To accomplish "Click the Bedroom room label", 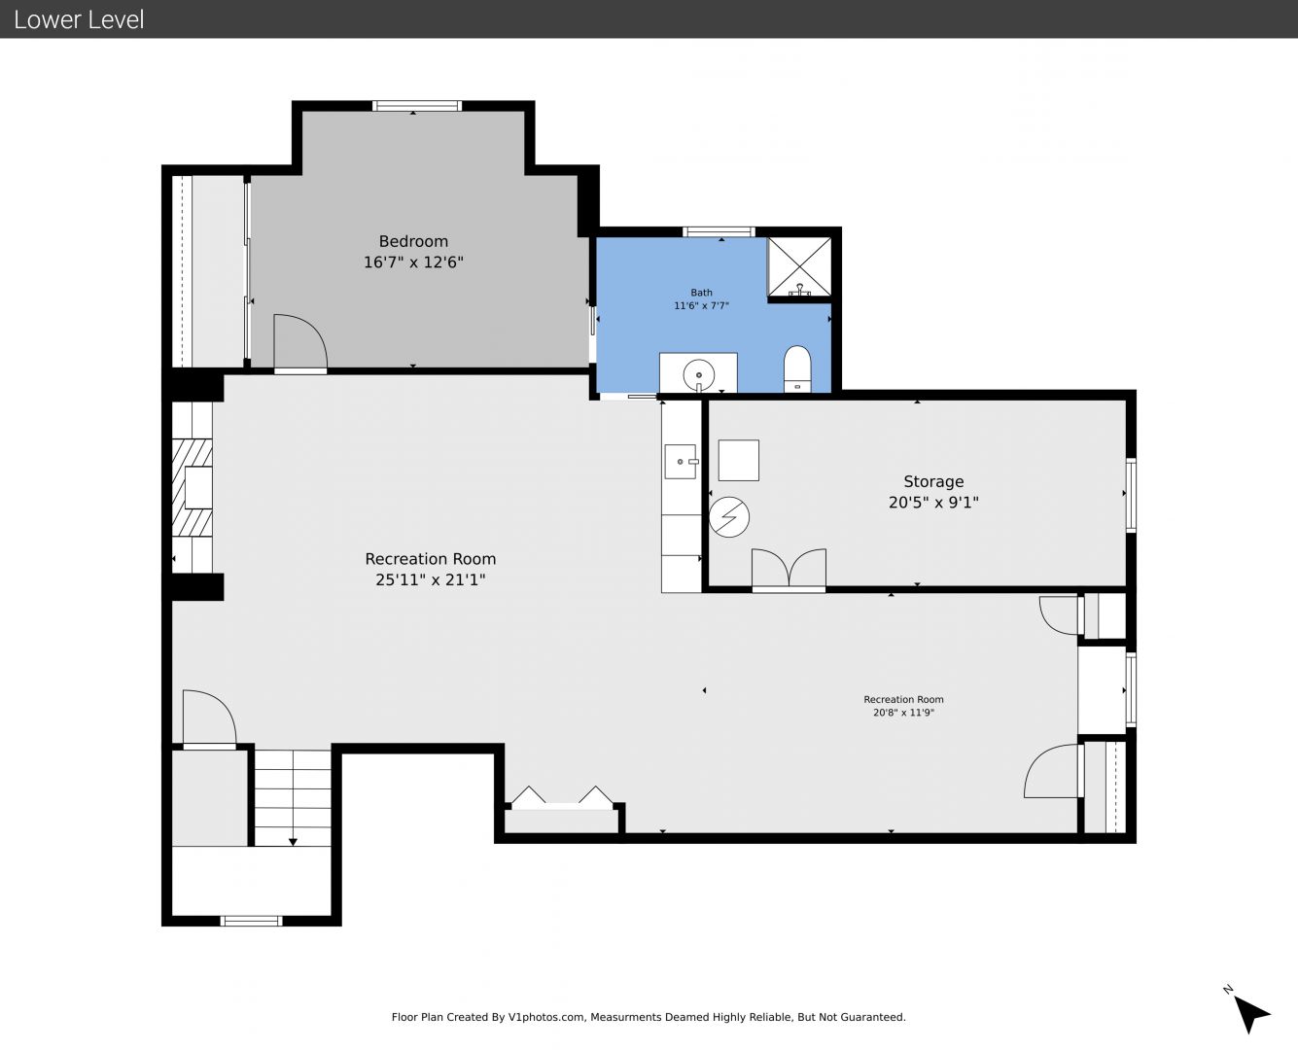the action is click(413, 241).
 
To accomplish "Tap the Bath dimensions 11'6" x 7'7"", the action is click(701, 305).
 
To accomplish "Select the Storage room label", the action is click(933, 481).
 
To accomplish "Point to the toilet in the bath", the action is click(797, 368).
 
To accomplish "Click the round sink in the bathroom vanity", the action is click(698, 375).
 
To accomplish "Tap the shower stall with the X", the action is click(799, 267).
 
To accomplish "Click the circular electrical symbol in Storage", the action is click(729, 517).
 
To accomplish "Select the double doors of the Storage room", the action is click(789, 569).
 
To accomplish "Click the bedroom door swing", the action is click(299, 341).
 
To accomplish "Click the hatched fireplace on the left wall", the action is click(192, 487).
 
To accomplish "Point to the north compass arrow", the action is click(1251, 1015).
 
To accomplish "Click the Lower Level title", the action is click(79, 19).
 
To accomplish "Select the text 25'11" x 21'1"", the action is click(430, 579).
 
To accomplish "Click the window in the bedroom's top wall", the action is click(417, 106).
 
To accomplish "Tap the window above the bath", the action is click(719, 231).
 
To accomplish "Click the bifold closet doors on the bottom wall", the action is click(562, 798).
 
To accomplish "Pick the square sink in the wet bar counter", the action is click(680, 461).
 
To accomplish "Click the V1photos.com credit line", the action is click(649, 1017).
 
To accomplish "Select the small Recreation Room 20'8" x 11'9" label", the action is click(903, 706).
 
